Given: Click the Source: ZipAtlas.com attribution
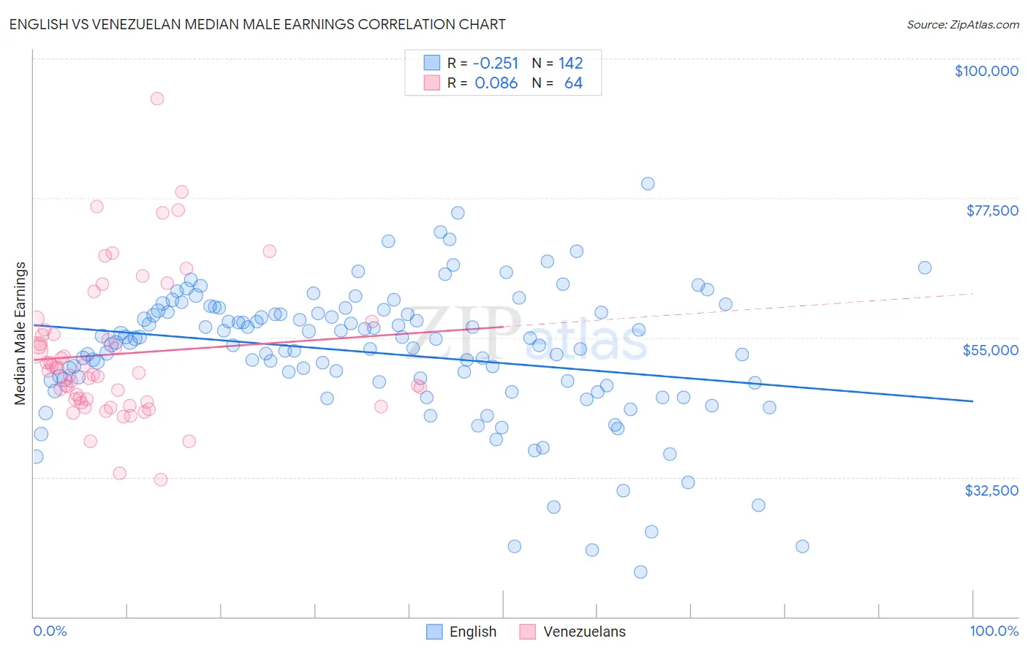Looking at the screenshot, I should point(962,24).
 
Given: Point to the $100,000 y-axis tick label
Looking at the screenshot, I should point(986,71).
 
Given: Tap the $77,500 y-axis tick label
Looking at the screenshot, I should point(991,211).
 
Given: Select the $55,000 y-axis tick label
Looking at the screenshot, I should point(990,350).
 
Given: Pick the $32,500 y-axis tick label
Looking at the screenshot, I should point(991,490).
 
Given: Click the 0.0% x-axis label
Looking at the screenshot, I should point(50,631).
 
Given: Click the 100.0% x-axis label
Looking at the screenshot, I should point(994,631).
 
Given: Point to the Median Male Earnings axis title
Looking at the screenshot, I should point(20,333).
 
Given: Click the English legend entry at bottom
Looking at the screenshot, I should point(472,632).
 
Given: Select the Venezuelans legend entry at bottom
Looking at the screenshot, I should point(584,632).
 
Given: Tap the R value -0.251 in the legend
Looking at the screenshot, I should point(496,64).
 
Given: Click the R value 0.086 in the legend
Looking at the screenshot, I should point(496,83).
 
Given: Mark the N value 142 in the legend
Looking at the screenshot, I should point(570,64).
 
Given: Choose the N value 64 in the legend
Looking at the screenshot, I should point(573,83).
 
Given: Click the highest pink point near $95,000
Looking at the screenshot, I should point(156,99).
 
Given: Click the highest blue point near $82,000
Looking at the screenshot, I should point(648,183).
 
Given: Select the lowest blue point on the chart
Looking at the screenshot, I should point(640,572).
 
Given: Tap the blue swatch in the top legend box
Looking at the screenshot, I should point(432,64).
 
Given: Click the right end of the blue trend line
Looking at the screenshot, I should point(972,401).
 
